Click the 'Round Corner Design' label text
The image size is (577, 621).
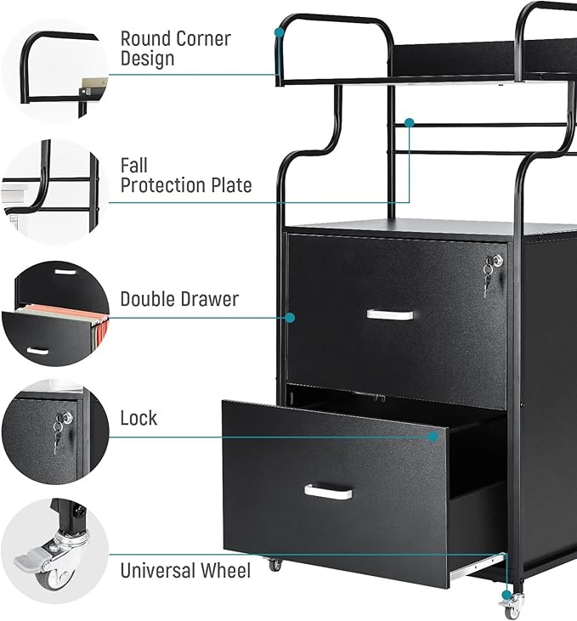pyautogui.click(x=175, y=48)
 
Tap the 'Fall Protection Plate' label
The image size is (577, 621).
pyautogui.click(x=185, y=175)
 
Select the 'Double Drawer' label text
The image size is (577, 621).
pyautogui.click(x=178, y=299)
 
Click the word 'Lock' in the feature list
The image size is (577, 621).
pyautogui.click(x=139, y=418)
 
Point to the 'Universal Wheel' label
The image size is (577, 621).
pyautogui.click(x=184, y=570)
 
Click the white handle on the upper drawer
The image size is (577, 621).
pyautogui.click(x=389, y=314)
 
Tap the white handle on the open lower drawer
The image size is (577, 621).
pyautogui.click(x=328, y=492)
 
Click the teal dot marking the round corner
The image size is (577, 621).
pyautogui.click(x=279, y=32)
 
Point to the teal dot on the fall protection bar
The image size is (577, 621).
pyautogui.click(x=409, y=123)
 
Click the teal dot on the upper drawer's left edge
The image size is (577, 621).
pyautogui.click(x=290, y=317)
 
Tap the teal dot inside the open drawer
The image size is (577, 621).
pyautogui.click(x=433, y=436)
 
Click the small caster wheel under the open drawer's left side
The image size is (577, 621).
pyautogui.click(x=275, y=563)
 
